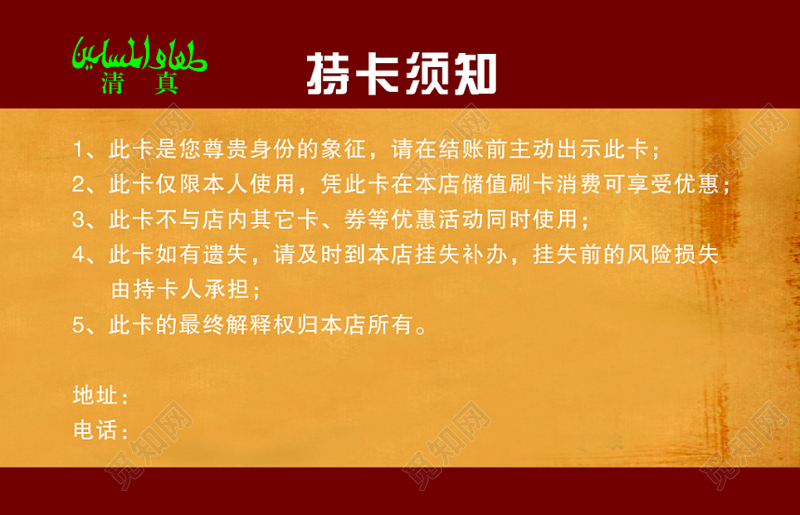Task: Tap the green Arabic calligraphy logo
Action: pos(140,57)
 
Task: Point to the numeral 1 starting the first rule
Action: pos(78,150)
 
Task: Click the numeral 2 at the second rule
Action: pos(78,184)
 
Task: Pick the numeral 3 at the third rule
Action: pos(78,220)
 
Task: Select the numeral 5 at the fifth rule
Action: pos(78,325)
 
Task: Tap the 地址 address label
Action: pos(95,396)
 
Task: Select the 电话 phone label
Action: pos(95,430)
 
